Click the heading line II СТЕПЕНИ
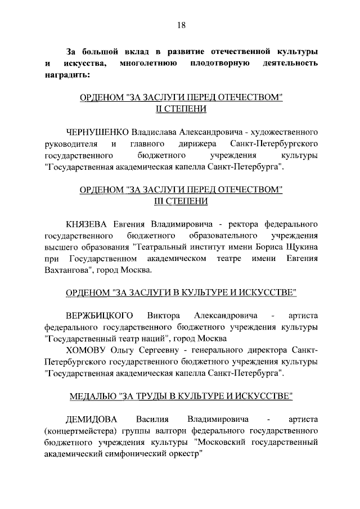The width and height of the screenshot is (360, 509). click(x=181, y=109)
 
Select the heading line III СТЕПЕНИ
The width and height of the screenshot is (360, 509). click(x=181, y=200)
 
